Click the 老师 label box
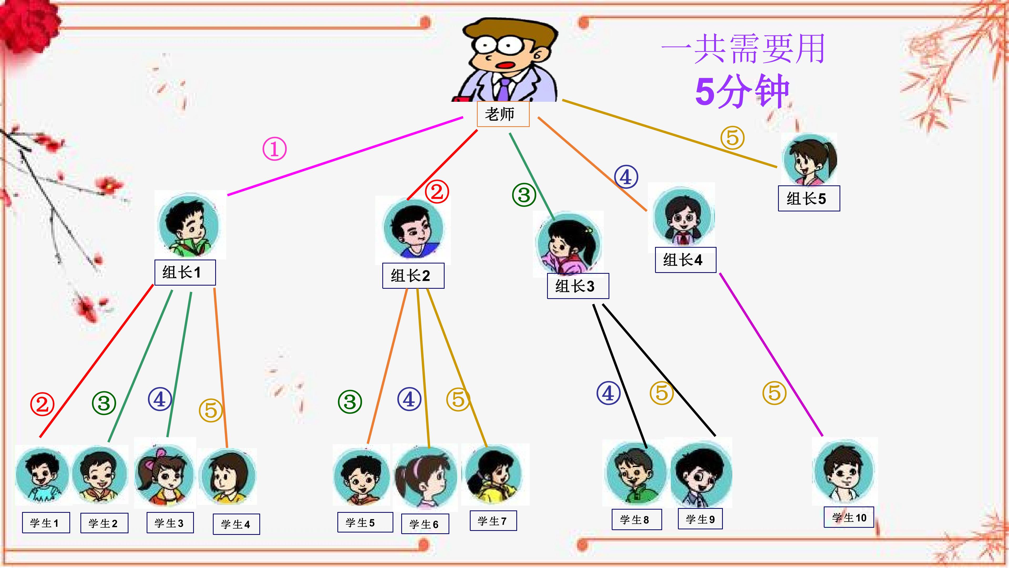(x=503, y=114)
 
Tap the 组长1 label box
(x=185, y=272)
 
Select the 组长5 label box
(x=809, y=198)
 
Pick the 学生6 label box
(x=425, y=524)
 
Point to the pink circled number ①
(x=274, y=149)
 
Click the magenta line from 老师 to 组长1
(x=345, y=156)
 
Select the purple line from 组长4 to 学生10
(x=771, y=354)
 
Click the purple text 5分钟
(x=742, y=91)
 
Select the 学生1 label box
(x=46, y=523)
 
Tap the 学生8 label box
(x=637, y=519)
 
